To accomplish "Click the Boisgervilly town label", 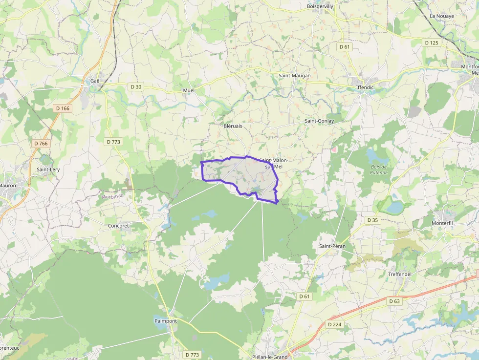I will (x=320, y=6).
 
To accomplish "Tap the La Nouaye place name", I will (x=441, y=16).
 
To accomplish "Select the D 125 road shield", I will (x=432, y=43).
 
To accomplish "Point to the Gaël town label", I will (x=95, y=81).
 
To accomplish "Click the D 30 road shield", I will (x=136, y=87).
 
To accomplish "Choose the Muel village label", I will (x=189, y=91).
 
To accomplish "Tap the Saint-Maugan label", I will (x=294, y=76).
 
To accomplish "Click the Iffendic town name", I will (x=365, y=88).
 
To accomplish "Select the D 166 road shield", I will (x=63, y=108).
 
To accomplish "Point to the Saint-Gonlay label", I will (x=319, y=121).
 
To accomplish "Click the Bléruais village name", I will (x=233, y=126).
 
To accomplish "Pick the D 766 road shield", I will (x=41, y=144).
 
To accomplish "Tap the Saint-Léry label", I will (x=48, y=169).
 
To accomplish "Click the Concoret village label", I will (x=118, y=226).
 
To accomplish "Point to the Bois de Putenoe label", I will (x=379, y=169).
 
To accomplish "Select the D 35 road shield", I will (x=372, y=220).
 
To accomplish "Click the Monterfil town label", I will (x=443, y=223).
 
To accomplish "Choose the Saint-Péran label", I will (x=332, y=246).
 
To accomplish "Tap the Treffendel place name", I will (x=399, y=275).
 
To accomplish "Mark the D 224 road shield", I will (x=335, y=324).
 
